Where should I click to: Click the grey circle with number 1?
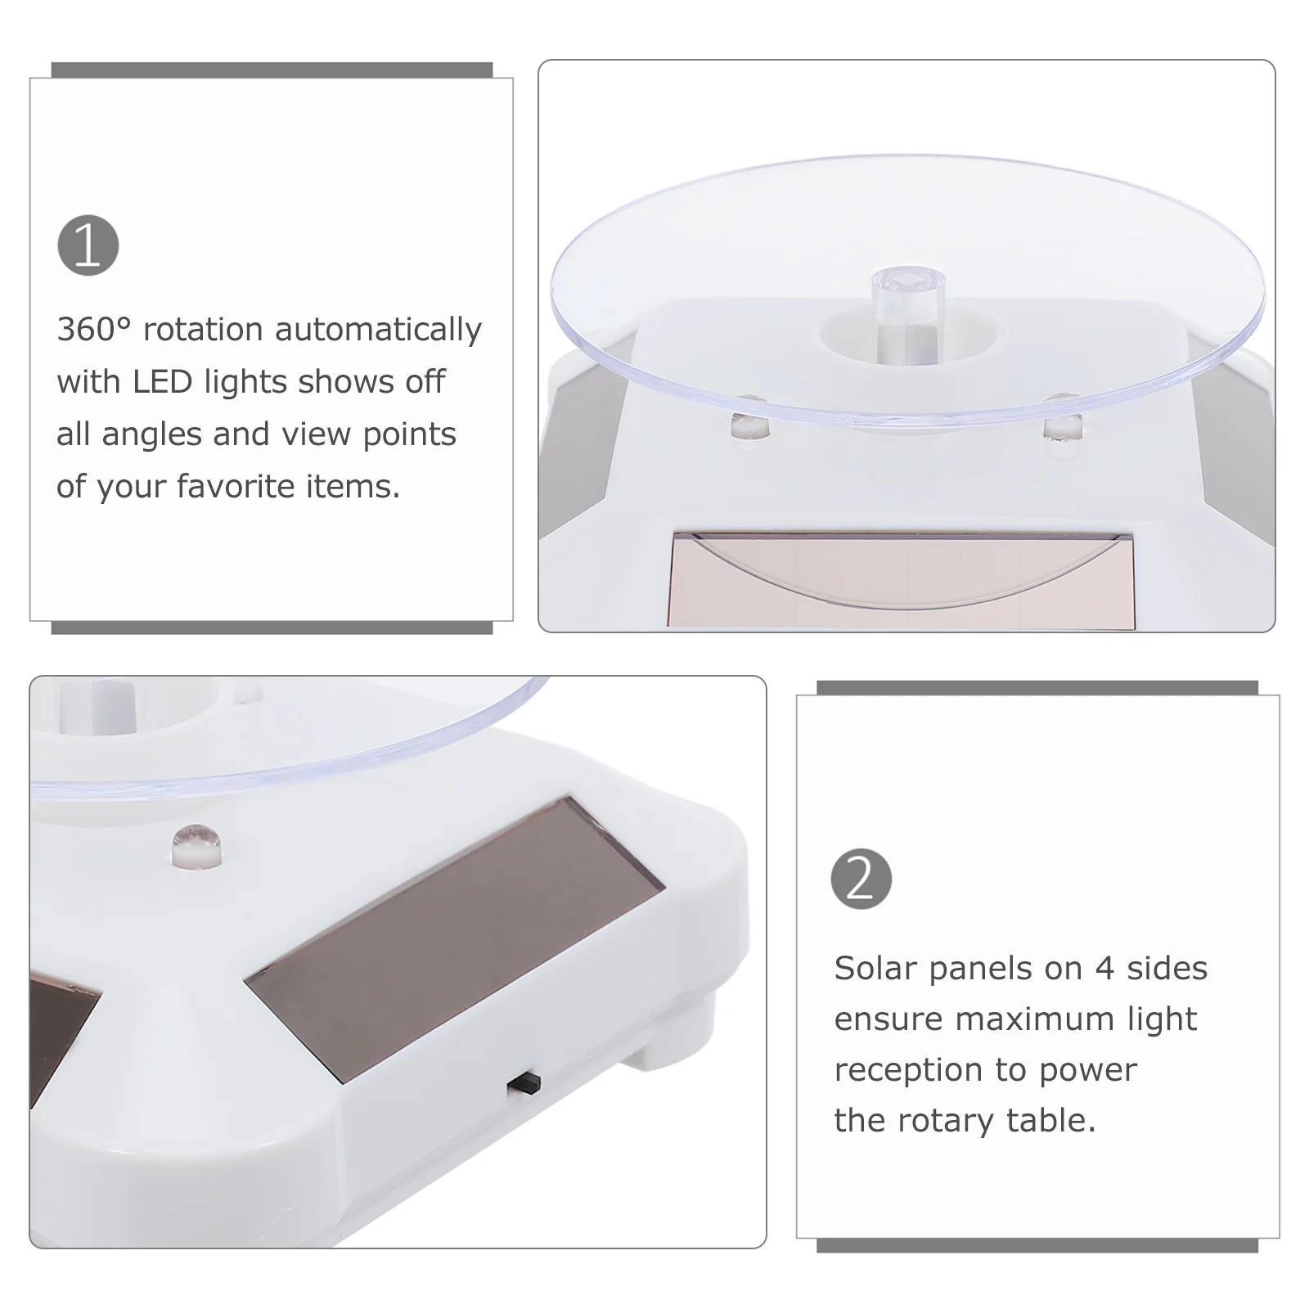coord(88,245)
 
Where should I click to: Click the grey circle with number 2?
coord(861,879)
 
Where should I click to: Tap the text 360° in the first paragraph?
coord(93,330)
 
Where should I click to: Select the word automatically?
coord(378,330)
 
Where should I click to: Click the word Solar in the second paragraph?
coord(875,969)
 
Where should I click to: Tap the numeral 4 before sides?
coord(1104,969)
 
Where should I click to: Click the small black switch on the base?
coord(524,1083)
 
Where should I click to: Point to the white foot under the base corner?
coord(663,1046)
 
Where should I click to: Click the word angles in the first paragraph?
coord(151,434)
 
